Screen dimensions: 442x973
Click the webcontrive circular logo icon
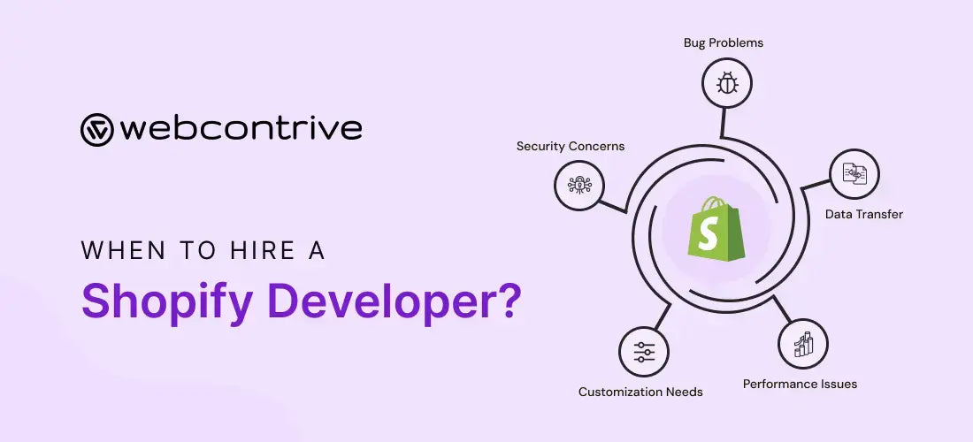97,129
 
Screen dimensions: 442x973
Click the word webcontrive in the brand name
241,129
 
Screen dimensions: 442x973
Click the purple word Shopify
169,301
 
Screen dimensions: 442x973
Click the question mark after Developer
506,301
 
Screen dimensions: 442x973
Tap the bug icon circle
727,84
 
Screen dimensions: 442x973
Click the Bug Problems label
724,42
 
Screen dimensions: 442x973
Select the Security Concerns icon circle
579,185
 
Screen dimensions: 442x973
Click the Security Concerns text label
571,146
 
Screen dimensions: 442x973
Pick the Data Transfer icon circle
854,174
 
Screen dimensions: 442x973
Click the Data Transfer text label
864,214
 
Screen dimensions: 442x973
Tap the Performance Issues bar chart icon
803,344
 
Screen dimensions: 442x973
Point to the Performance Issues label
800,384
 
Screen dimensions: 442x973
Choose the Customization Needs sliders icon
644,352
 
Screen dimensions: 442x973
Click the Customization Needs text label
640,392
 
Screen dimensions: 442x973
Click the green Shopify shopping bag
716,232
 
